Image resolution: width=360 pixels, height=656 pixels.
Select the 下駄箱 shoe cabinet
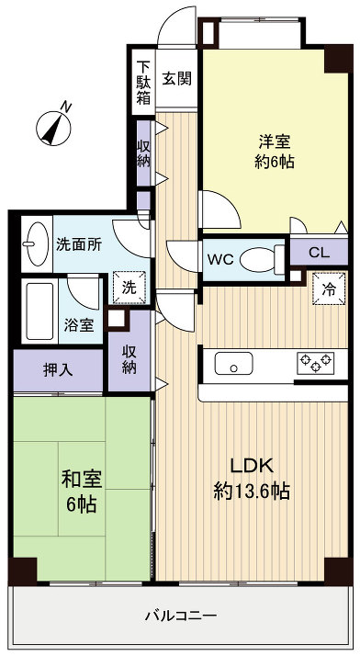point(144,84)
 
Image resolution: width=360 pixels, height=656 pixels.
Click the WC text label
point(219,259)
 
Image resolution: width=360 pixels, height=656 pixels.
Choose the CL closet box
point(320,253)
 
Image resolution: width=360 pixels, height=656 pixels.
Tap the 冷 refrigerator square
point(329,289)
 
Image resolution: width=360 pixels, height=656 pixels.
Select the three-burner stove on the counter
point(315,363)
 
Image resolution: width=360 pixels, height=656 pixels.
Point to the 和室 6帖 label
point(81,491)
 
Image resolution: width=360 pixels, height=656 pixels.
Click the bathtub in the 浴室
point(39,311)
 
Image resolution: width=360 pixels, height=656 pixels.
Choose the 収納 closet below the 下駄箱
point(144,152)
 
